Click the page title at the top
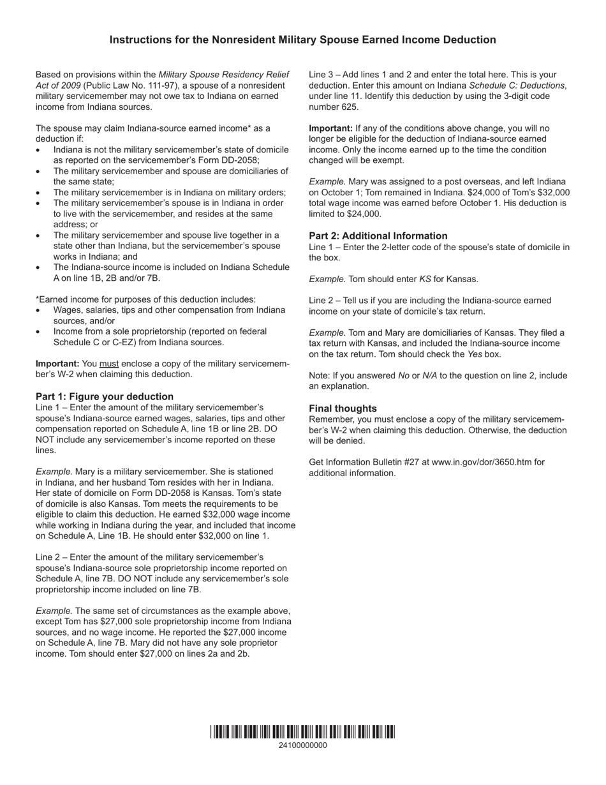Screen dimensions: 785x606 302,40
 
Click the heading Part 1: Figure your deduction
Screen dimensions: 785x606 105,396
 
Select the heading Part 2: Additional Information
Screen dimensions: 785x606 378,235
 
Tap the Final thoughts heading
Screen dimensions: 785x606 343,408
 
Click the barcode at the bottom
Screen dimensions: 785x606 302,731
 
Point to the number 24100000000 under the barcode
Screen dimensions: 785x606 302,745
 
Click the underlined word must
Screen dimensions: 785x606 109,364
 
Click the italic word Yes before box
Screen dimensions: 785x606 475,354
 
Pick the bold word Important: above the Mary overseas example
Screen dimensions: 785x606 330,128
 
